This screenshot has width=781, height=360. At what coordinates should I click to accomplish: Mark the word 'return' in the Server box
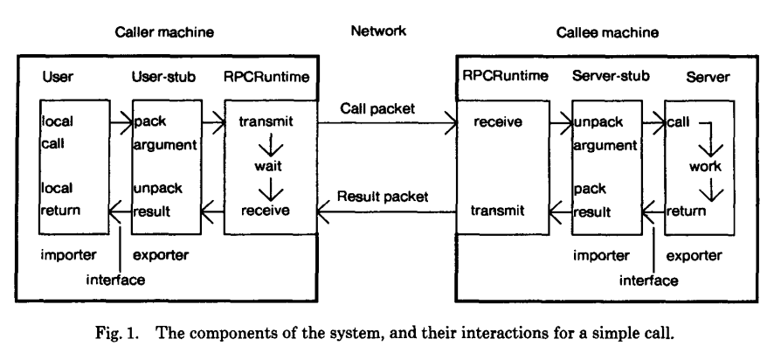coord(686,211)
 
